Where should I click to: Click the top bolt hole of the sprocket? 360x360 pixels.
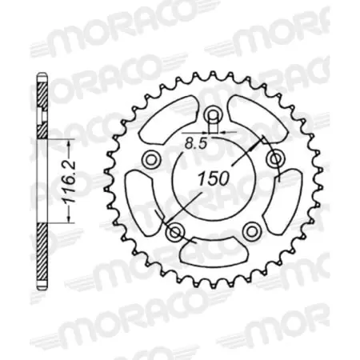point(213,115)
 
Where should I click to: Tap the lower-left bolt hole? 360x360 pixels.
point(178,233)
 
